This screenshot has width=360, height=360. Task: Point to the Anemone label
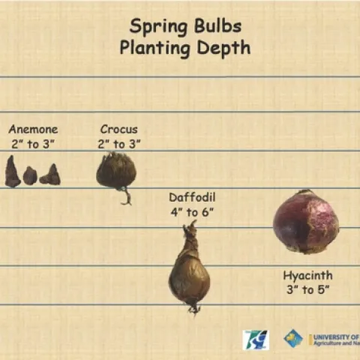pos(33,129)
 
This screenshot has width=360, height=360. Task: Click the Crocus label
pos(118,129)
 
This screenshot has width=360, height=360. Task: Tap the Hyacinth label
pos(307,274)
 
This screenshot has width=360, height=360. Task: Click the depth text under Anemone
pos(33,143)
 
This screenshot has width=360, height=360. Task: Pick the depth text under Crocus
pos(118,143)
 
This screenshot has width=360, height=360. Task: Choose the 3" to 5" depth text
pos(307,289)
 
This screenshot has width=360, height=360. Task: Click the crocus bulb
pos(115,170)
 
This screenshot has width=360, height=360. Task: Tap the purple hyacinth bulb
pos(305,222)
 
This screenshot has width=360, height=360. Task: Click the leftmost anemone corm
pos(12,172)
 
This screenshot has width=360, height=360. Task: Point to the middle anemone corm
pos(30,175)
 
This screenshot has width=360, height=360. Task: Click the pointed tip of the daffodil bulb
pos(191,226)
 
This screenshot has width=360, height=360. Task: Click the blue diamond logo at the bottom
pos(292,338)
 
